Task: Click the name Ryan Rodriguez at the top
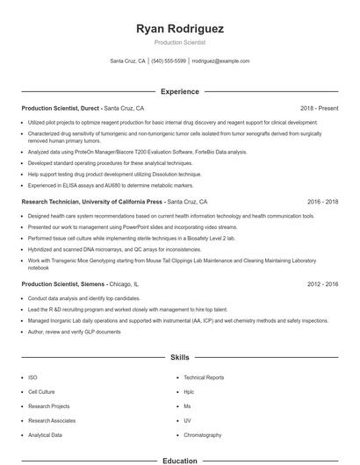click(180, 29)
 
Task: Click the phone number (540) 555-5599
click(169, 61)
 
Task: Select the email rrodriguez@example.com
click(220, 61)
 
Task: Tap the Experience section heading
click(180, 91)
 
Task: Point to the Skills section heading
click(180, 358)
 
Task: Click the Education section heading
click(180, 461)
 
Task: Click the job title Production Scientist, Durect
click(61, 108)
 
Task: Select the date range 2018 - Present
click(319, 108)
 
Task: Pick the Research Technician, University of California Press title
click(92, 201)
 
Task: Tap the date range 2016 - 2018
click(322, 201)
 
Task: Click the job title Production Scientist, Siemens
click(63, 284)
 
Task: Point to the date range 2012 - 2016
click(322, 284)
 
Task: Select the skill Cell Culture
click(41, 391)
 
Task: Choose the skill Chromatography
click(203, 435)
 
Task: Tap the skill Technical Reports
click(204, 377)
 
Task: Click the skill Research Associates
click(51, 420)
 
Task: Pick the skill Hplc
click(189, 391)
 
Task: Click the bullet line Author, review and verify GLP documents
click(75, 332)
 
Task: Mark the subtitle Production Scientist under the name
click(180, 42)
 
